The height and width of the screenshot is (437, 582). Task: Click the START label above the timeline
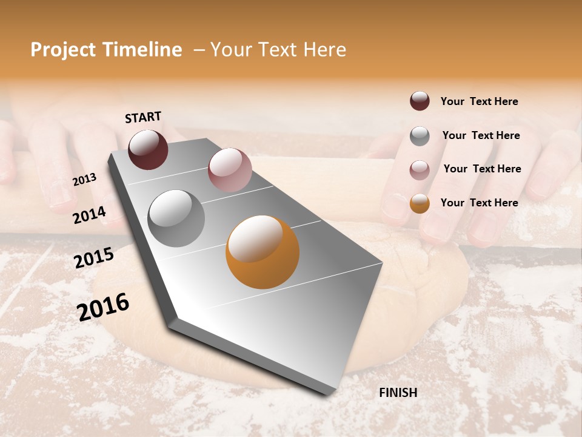pos(143,117)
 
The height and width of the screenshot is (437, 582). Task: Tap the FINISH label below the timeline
pos(398,393)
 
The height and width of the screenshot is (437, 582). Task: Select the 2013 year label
pos(85,180)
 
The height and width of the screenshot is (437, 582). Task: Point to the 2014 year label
pos(89,215)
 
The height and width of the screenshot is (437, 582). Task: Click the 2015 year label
pos(94,258)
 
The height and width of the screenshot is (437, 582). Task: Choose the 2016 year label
pos(104,307)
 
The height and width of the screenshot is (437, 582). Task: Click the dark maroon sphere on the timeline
pos(148,149)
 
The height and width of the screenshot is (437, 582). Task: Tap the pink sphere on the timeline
pos(230,169)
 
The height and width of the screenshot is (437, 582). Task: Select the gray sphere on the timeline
pos(176,218)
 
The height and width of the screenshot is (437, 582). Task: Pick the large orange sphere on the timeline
pos(263,252)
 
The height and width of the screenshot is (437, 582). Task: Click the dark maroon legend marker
pos(420,101)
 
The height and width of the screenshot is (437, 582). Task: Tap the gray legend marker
pos(420,136)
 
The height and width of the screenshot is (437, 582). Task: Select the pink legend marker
pos(420,170)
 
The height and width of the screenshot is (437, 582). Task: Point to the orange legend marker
pos(420,203)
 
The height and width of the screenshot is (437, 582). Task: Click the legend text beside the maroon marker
pos(479,102)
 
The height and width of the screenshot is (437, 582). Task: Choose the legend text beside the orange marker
pos(479,203)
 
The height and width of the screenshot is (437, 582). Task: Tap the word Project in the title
pos(63,50)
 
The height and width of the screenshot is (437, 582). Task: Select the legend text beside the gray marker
pos(481,135)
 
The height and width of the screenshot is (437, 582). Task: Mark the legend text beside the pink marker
pos(482,169)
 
